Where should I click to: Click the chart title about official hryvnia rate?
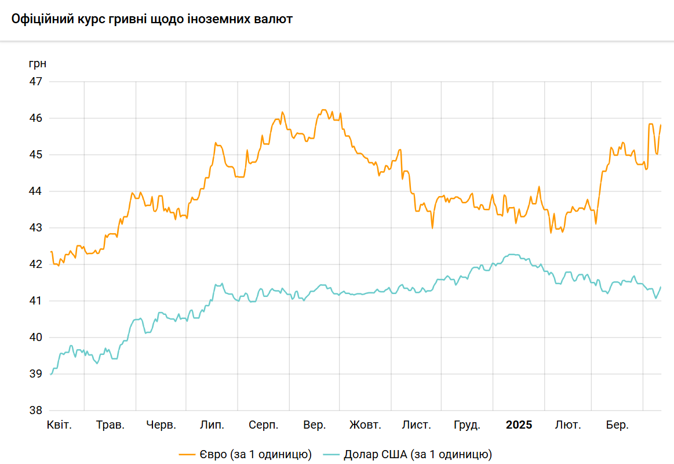[x=152, y=19]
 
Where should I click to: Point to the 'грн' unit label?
[x=37, y=63]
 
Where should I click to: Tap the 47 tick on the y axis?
[x=36, y=82]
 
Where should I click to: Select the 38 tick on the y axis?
[x=36, y=411]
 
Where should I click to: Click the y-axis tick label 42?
[x=36, y=264]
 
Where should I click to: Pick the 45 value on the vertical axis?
[x=36, y=155]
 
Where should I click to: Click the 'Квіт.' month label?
[x=59, y=425]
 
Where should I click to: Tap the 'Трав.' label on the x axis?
[x=110, y=425]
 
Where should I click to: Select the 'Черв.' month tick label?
[x=161, y=425]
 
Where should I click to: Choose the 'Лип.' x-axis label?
[x=212, y=425]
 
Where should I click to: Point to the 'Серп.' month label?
[x=264, y=425]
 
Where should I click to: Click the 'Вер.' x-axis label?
[x=314, y=425]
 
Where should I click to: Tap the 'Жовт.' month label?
[x=365, y=425]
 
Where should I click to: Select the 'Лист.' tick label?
[x=417, y=425]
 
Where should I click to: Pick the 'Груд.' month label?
[x=467, y=425]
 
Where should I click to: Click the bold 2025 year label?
[x=519, y=425]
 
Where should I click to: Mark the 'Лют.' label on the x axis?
[x=568, y=425]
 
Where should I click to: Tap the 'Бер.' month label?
[x=617, y=425]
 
